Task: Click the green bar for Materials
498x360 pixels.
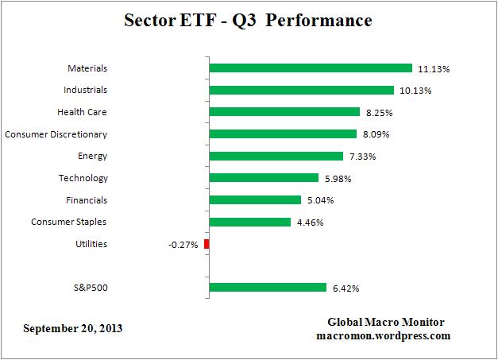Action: [311, 68]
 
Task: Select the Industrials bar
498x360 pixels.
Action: [301, 91]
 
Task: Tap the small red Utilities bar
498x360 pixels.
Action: [207, 244]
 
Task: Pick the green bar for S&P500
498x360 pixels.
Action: [268, 288]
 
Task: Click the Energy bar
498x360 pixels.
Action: [276, 157]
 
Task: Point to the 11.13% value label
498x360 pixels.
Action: [433, 69]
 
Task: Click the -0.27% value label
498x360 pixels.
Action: [183, 244]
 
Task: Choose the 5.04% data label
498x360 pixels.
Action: [322, 200]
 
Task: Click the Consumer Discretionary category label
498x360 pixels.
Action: [56, 134]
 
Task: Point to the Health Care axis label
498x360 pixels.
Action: [82, 113]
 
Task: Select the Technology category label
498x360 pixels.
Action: [83, 178]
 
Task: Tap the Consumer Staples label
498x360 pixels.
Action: [69, 222]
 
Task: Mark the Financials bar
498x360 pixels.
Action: [255, 200]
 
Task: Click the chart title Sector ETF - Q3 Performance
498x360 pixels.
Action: [248, 21]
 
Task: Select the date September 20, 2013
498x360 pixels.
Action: [73, 328]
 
